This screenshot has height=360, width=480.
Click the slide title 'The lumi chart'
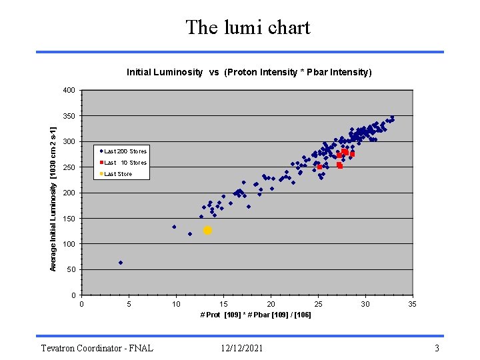pyautogui.click(x=248, y=27)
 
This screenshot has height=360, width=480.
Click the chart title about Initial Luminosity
pyautogui.click(x=249, y=72)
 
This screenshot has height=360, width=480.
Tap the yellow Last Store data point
pyautogui.click(x=207, y=230)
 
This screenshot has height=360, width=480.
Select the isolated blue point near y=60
pyautogui.click(x=121, y=263)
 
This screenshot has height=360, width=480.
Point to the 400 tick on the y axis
pyautogui.click(x=69, y=90)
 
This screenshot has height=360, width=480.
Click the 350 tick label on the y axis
pyautogui.click(x=69, y=116)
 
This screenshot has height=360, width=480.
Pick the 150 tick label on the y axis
pyautogui.click(x=69, y=219)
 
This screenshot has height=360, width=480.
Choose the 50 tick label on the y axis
pyautogui.click(x=71, y=270)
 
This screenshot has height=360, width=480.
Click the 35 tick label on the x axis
pyautogui.click(x=413, y=304)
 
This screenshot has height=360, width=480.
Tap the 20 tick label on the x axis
pyautogui.click(x=271, y=304)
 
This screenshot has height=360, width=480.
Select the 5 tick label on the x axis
pyautogui.click(x=129, y=304)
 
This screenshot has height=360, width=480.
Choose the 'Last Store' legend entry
pyautogui.click(x=118, y=174)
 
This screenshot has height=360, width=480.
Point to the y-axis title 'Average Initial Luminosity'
pyautogui.click(x=54, y=193)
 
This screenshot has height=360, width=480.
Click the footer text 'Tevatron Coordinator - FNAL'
pyautogui.click(x=97, y=348)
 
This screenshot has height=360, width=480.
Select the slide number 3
pyautogui.click(x=437, y=348)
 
